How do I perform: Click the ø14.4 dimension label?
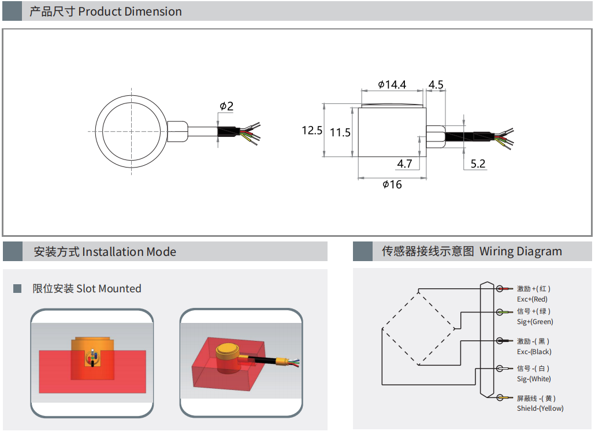(392, 84)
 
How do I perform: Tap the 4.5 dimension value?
(436, 84)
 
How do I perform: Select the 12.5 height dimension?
(312, 131)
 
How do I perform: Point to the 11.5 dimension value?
(340, 132)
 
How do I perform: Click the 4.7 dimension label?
(404, 163)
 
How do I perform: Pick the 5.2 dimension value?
(478, 163)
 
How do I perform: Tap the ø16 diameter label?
(392, 184)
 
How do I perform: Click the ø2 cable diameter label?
(226, 106)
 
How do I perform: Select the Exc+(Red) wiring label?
(532, 299)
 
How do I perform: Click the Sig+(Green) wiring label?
(534, 322)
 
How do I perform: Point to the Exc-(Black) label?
(534, 352)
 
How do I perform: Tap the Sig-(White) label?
(534, 379)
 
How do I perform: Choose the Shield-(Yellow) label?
(540, 408)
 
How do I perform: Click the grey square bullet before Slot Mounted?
(17, 288)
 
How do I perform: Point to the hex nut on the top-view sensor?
(177, 131)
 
